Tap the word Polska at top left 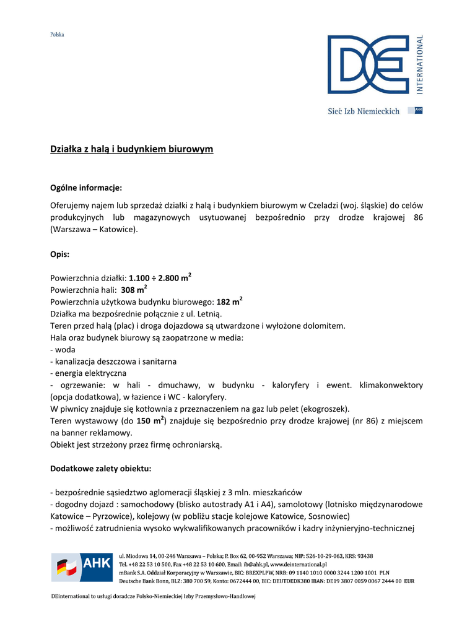click(57, 35)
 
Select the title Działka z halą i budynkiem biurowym click(131, 149)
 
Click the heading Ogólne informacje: click(86, 187)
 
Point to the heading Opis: click(59, 254)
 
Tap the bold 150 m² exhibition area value click(151, 420)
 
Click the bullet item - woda click(63, 349)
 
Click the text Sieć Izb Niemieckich click(363, 111)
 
